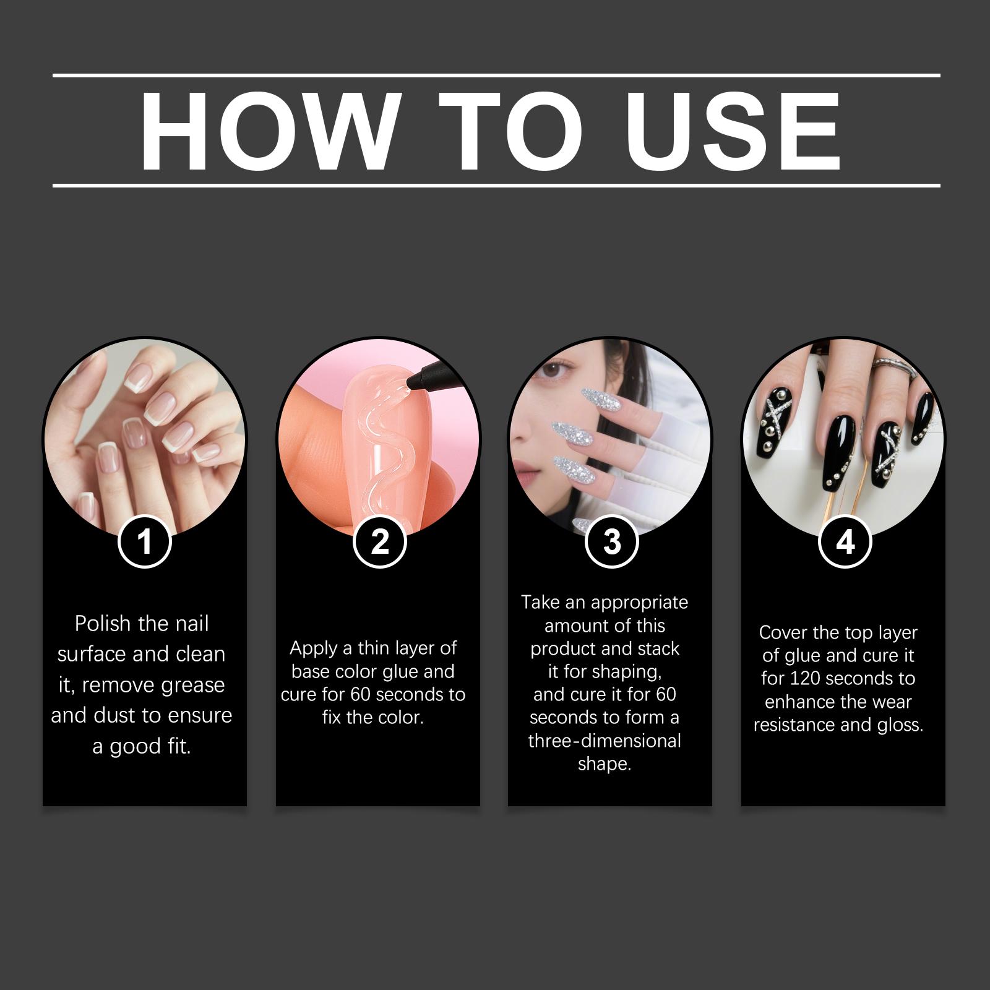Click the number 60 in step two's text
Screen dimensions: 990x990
[361, 694]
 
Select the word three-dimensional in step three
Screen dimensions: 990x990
[605, 741]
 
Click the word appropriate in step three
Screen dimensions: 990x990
[639, 603]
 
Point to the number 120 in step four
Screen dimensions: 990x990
[803, 679]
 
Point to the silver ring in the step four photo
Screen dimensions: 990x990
[895, 369]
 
